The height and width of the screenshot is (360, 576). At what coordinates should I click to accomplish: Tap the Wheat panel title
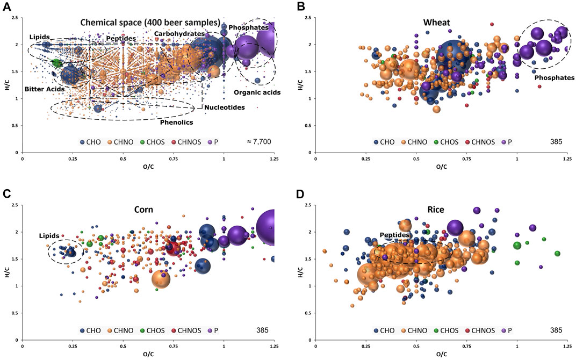tap(435, 23)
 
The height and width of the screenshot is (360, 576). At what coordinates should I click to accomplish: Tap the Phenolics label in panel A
tap(176, 121)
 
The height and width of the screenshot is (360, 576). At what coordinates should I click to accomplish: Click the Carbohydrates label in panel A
tap(176, 33)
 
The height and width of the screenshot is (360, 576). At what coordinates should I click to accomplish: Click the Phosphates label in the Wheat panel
tap(554, 78)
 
